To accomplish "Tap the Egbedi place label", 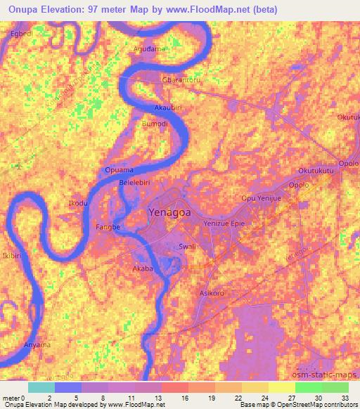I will coord(21,33).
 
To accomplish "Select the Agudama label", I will coord(149,48).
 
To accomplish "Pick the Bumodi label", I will coord(155,123).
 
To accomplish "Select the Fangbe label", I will coord(108,227).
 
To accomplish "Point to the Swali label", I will coord(187,247).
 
